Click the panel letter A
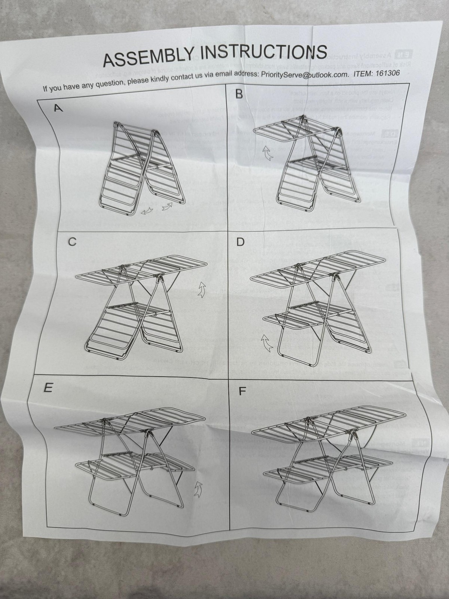(x=58, y=109)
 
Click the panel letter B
(x=239, y=94)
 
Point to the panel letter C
(x=72, y=242)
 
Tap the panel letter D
(x=240, y=242)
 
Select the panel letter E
(x=48, y=388)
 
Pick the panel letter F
(x=242, y=392)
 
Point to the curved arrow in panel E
(x=198, y=489)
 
